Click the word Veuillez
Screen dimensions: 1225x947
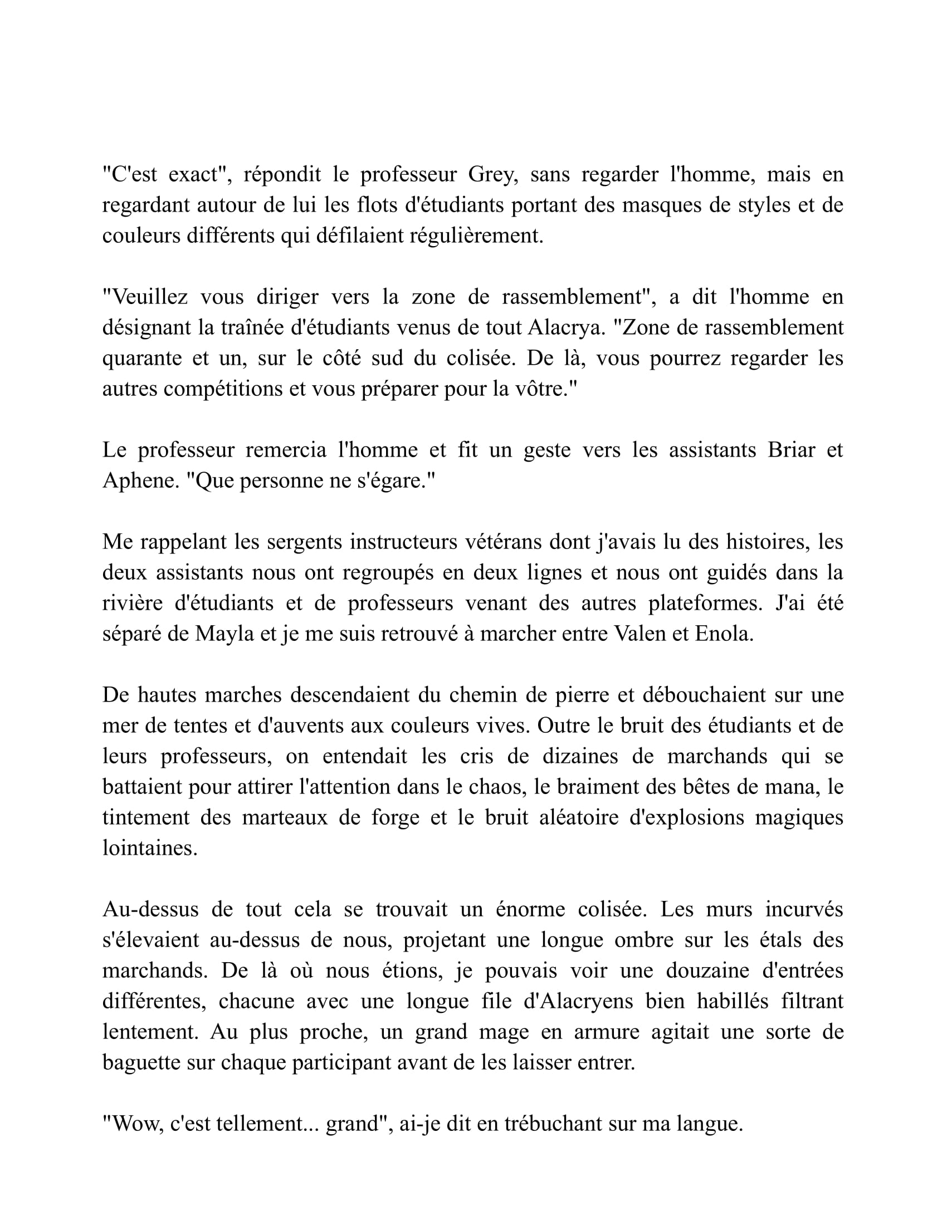(x=145, y=297)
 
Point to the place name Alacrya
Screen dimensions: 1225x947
(x=567, y=327)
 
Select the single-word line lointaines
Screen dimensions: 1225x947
(x=150, y=848)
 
